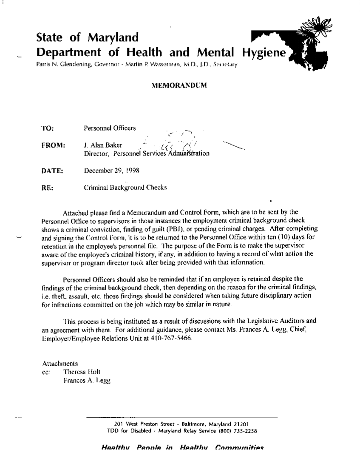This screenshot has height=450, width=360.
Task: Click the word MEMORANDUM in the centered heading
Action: click(x=179, y=85)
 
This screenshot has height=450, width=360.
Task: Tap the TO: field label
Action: click(x=47, y=128)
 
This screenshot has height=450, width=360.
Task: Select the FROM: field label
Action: click(x=53, y=145)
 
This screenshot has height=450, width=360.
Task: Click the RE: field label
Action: click(x=47, y=188)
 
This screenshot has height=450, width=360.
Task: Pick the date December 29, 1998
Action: click(x=111, y=171)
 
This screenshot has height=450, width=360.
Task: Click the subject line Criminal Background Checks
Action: click(x=125, y=188)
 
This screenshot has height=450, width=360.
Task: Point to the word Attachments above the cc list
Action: click(x=60, y=364)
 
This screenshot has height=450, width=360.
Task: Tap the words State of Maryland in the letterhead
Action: click(x=87, y=37)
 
